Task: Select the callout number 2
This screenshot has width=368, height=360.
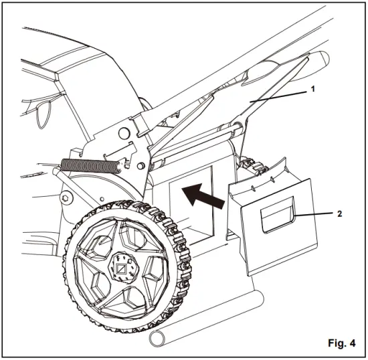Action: (339, 214)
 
